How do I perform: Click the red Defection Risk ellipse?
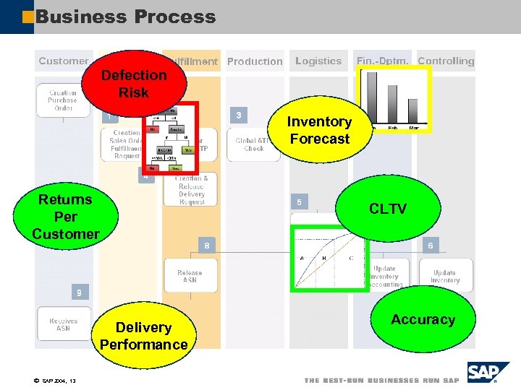(x=134, y=84)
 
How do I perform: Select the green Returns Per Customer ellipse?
(x=66, y=216)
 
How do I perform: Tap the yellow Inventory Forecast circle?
(x=318, y=131)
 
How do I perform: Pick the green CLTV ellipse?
(x=388, y=209)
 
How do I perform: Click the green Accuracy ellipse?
(x=423, y=319)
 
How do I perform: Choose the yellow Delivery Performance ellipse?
(x=143, y=336)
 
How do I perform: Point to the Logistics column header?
(x=318, y=61)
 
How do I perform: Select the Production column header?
(x=255, y=62)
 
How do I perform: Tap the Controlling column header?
(x=446, y=61)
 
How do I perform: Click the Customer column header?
(x=64, y=61)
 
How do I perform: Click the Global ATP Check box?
(x=254, y=144)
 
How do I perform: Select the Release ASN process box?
(x=190, y=277)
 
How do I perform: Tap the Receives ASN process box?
(x=64, y=324)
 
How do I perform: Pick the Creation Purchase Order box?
(x=63, y=100)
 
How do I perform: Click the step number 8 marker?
(x=207, y=246)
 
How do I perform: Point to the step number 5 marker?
(x=299, y=202)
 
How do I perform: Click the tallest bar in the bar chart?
(x=373, y=97)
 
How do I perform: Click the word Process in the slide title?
(x=173, y=17)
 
